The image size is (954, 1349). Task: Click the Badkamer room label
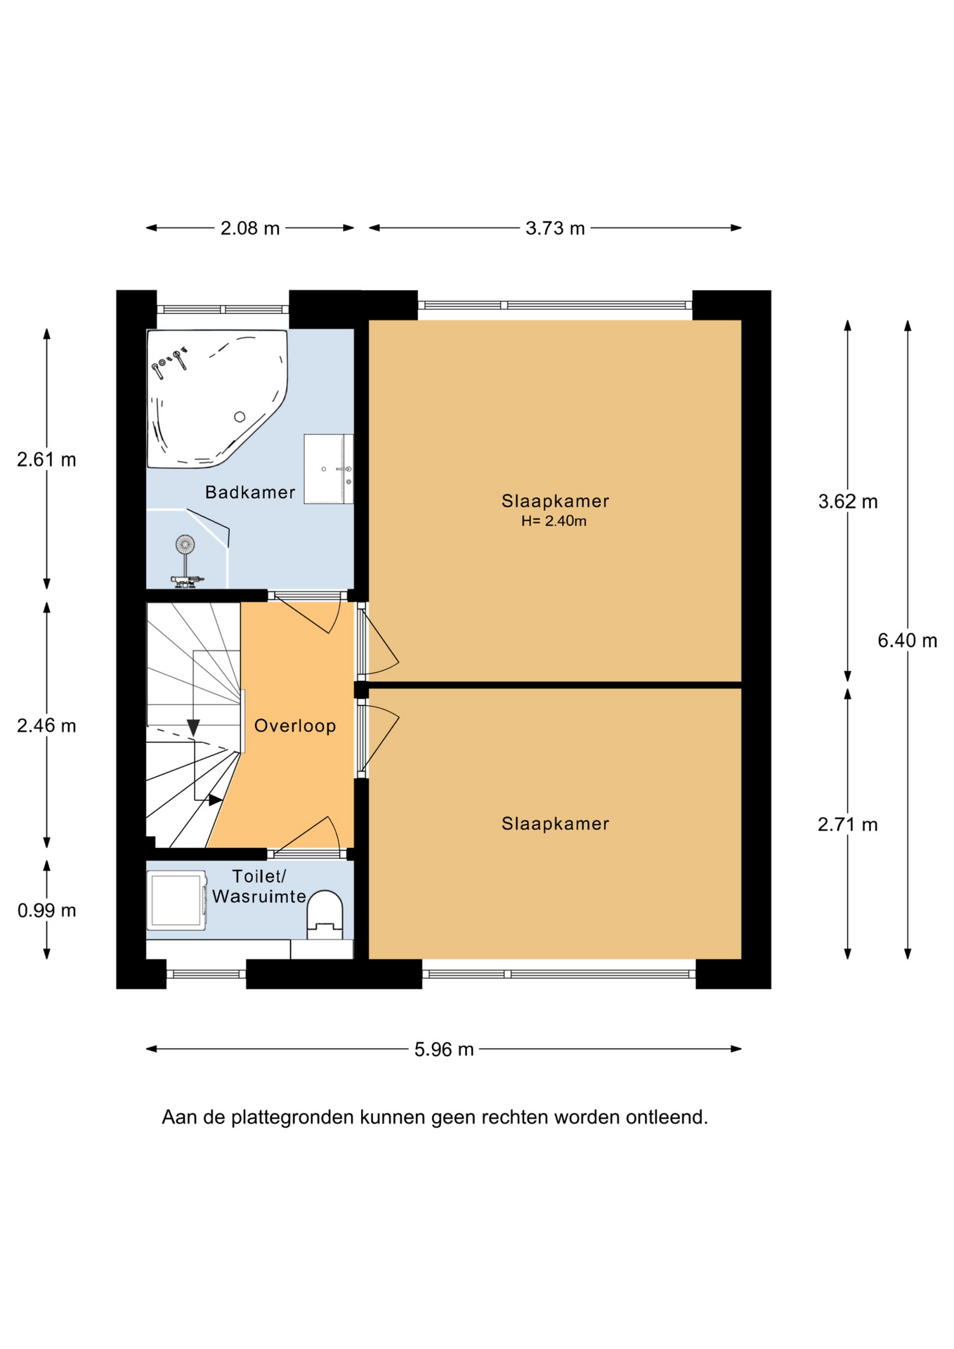pos(250,493)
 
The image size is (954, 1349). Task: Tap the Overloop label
pos(295,726)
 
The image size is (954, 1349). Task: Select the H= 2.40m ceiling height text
pos(554,521)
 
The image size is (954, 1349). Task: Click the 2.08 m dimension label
pos(250,228)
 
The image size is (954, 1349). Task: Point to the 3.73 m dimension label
pos(555,228)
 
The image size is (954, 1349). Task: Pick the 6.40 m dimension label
pos(907,640)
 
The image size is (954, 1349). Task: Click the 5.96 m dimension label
pos(444,1049)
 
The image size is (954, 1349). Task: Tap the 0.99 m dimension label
pos(46,911)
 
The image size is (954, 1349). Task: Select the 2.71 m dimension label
pos(847,824)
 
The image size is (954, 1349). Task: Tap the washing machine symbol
pos(176,901)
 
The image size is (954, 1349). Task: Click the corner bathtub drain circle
pos(240,417)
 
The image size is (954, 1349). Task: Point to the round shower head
pos(185,544)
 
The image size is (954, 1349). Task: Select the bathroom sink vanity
pos(328,469)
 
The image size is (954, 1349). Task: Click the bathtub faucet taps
pos(169,362)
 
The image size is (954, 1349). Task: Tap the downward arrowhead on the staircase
pos(193,728)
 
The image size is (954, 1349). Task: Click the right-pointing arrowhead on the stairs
pos(216,800)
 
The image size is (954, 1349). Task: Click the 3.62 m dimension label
pos(847,502)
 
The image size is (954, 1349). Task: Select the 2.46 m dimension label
pos(46,726)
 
